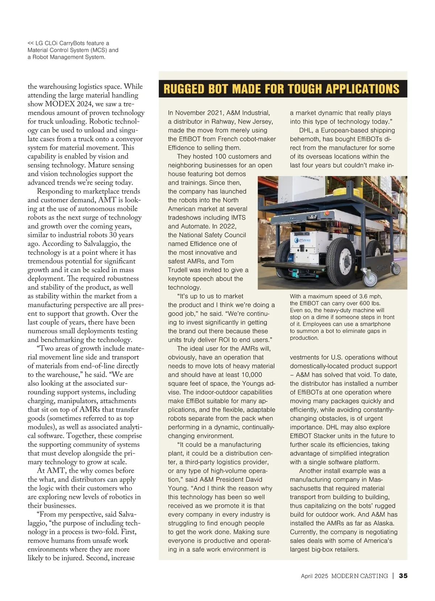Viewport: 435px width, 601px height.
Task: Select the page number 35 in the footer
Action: [403, 576]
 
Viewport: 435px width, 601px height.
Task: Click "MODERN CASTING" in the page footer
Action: [359, 576]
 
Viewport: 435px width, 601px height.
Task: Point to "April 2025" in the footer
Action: [314, 576]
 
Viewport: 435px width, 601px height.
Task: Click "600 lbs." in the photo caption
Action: [368, 303]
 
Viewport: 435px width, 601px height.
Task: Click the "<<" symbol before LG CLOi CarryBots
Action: [31, 43]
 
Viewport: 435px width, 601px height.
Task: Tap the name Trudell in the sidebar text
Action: [179, 270]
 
